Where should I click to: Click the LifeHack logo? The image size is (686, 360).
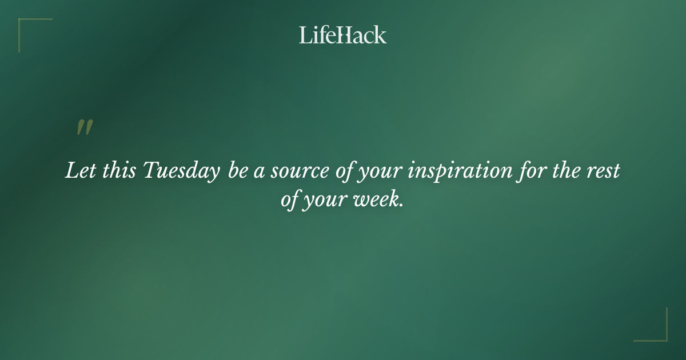[342, 35]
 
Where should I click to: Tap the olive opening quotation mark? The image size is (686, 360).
[85, 128]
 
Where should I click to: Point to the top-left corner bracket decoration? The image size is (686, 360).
[26, 26]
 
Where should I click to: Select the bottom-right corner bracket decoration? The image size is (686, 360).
[660, 334]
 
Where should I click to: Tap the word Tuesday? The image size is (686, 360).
[181, 171]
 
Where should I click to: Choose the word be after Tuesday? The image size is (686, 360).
[237, 171]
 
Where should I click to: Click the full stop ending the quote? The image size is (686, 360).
[402, 205]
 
